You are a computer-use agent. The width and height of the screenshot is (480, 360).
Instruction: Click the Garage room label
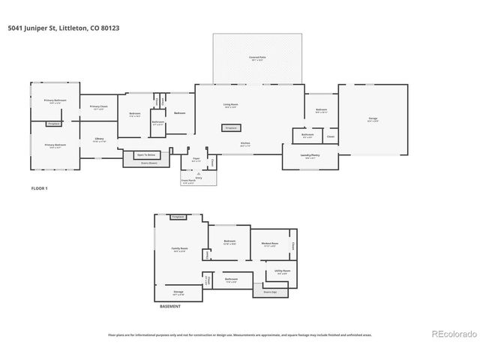[373, 118]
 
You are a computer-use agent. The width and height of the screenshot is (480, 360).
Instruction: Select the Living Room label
[230, 105]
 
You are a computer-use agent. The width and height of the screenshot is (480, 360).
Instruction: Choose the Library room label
[98, 139]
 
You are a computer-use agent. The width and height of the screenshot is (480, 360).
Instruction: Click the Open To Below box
[145, 155]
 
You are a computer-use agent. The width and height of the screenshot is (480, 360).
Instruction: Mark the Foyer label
[196, 160]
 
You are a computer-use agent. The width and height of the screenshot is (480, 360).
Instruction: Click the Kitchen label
[245, 144]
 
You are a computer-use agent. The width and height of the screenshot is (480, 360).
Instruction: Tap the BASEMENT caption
[170, 306]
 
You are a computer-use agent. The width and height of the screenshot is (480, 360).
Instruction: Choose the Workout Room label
[270, 244]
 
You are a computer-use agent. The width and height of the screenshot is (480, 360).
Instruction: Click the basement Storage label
[178, 292]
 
